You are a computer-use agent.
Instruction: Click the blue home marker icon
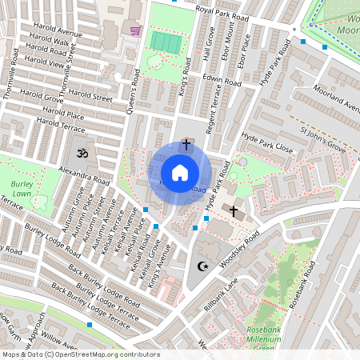[x=180, y=173]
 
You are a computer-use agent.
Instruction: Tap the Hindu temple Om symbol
[x=80, y=151]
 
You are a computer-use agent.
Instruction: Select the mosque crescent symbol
[x=202, y=266]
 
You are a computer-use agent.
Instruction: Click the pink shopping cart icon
[x=135, y=30]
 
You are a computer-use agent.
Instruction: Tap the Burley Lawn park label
[x=22, y=188]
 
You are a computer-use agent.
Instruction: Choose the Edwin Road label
[x=222, y=81]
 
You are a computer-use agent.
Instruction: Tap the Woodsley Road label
[x=241, y=250]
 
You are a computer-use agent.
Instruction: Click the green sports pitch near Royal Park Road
[x=166, y=42]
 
